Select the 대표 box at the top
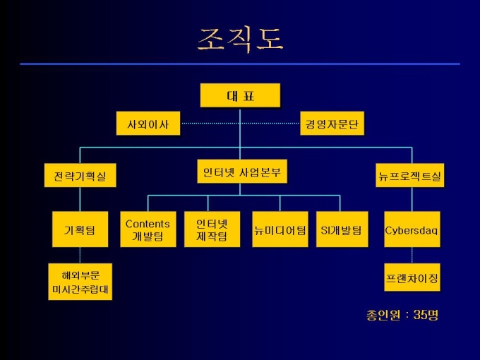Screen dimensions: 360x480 pos(240,96)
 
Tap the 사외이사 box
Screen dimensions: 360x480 pos(148,124)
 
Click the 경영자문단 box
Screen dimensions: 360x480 pos(332,124)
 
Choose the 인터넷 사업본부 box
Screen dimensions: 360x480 pos(241,172)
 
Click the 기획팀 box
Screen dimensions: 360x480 pos(80,229)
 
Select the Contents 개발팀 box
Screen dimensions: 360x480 pos(148,229)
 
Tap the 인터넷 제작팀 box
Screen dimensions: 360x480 pos(212,229)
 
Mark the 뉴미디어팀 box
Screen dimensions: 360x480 pos(280,229)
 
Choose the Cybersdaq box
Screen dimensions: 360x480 pos(412,229)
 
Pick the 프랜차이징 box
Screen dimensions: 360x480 pos(412,278)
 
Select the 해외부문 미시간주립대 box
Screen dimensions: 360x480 pos(80,282)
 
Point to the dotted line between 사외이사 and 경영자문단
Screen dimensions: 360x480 pos(240,124)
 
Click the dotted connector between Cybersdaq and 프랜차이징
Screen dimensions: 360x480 pos(412,256)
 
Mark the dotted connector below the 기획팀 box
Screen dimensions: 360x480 pos(80,256)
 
